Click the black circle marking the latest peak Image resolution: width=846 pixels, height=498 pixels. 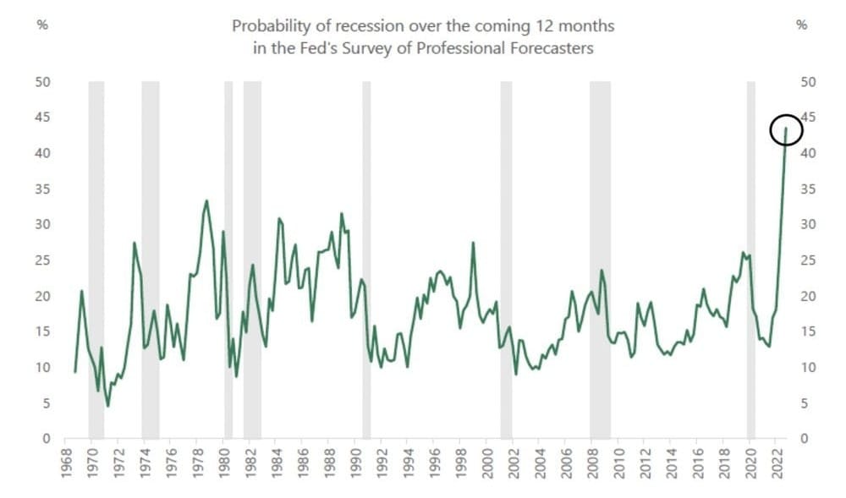(x=785, y=129)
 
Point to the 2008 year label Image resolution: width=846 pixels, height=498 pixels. (x=593, y=462)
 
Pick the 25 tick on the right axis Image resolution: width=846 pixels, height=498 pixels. (x=807, y=260)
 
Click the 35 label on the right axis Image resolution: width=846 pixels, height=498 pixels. (x=807, y=189)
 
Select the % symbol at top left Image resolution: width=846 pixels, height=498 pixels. (x=42, y=25)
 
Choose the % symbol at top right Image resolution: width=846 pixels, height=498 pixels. (x=803, y=25)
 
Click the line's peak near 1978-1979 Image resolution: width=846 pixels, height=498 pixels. (x=206, y=201)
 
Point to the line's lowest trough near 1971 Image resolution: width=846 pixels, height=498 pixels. (x=107, y=406)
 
